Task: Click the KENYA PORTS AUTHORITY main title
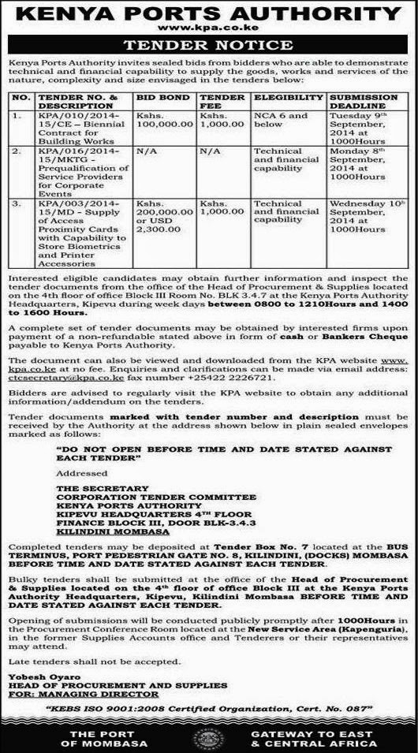[209, 13]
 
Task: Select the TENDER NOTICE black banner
[209, 46]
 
